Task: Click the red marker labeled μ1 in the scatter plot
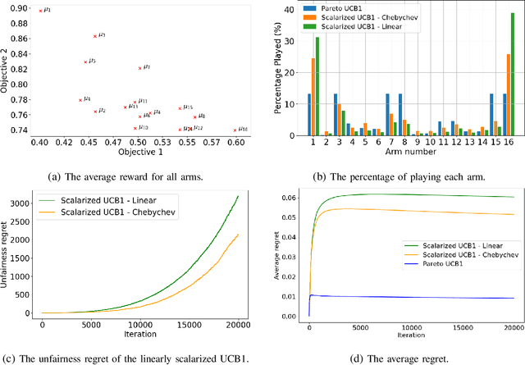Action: point(41,11)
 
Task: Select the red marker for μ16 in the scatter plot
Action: point(235,130)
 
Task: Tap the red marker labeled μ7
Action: point(140,68)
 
